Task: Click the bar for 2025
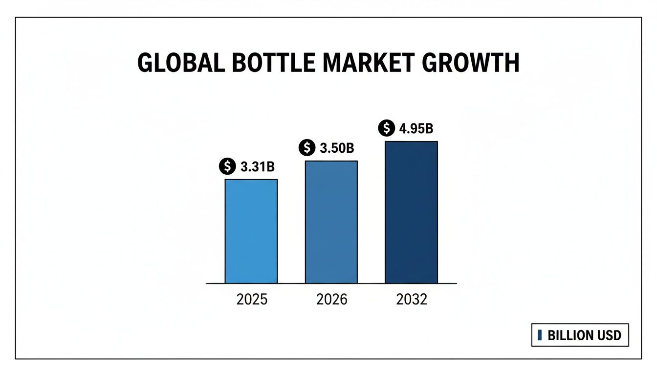(251, 231)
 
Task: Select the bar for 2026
(331, 222)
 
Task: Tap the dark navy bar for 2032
(411, 212)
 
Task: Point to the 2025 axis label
(252, 299)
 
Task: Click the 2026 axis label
(332, 299)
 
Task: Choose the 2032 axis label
(412, 299)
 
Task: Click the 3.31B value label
(257, 167)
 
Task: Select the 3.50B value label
(336, 148)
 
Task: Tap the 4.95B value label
(416, 129)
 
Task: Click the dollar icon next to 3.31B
(227, 167)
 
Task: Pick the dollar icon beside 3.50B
(307, 148)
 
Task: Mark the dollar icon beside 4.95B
(387, 129)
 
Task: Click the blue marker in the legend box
(539, 335)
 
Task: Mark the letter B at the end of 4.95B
(429, 129)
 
